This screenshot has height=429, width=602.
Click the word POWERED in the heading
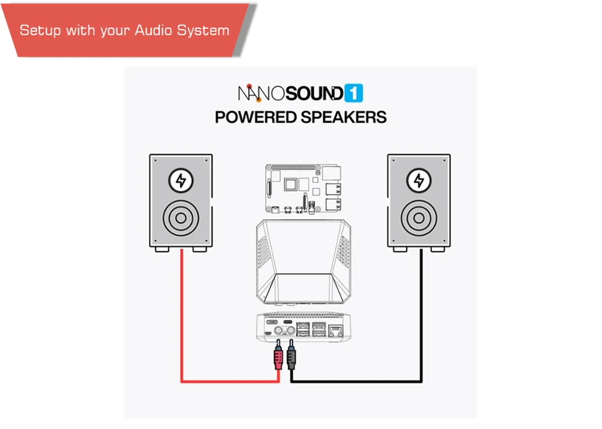pyautogui.click(x=256, y=117)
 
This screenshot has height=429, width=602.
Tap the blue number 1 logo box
pyautogui.click(x=354, y=93)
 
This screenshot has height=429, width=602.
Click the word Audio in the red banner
pyautogui.click(x=158, y=31)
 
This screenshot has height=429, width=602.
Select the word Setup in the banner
pyautogui.click(x=40, y=31)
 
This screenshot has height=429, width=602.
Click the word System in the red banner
pyautogui.click(x=206, y=31)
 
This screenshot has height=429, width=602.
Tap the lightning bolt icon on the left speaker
pyautogui.click(x=181, y=180)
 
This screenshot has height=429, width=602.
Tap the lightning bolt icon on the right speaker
pyautogui.click(x=419, y=180)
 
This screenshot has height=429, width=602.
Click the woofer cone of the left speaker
pyautogui.click(x=181, y=217)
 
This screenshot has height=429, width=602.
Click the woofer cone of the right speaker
pyautogui.click(x=419, y=217)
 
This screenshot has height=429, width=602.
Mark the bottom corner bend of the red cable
pyautogui.click(x=182, y=381)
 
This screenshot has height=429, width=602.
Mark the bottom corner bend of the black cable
pyautogui.click(x=421, y=381)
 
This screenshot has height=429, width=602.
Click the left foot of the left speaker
pyautogui.click(x=161, y=248)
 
